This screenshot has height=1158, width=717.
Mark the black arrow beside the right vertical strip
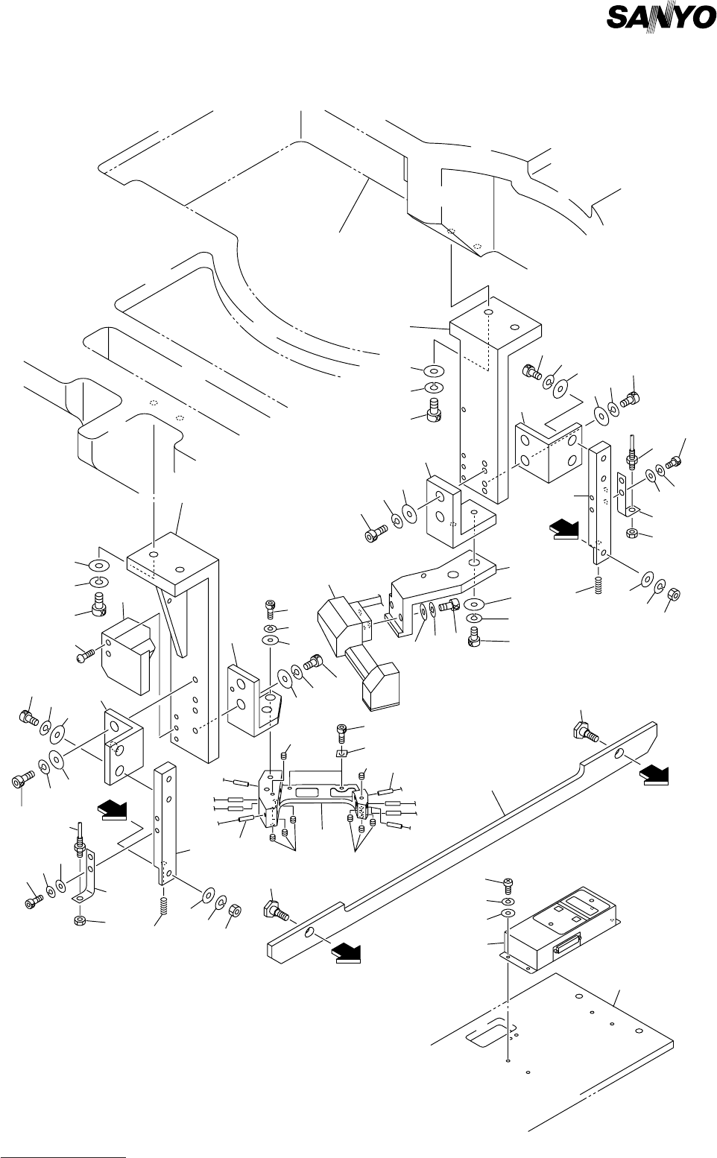pos(564,530)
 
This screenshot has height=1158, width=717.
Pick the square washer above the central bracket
pos(341,753)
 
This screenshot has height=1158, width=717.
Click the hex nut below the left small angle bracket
pos(80,920)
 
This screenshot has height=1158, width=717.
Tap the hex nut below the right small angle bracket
pos(631,533)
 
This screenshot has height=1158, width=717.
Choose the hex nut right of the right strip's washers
pos(674,594)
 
